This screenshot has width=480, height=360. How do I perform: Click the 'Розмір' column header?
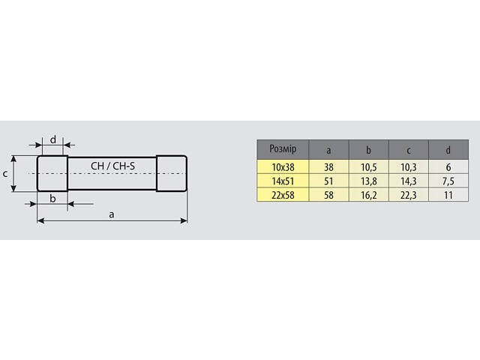pyautogui.click(x=283, y=149)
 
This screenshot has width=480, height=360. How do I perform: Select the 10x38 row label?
pyautogui.click(x=283, y=167)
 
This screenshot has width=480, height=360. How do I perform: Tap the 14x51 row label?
pyautogui.click(x=283, y=181)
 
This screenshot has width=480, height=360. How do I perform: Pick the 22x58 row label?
pyautogui.click(x=283, y=195)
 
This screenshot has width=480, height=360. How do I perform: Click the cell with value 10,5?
pyautogui.click(x=368, y=167)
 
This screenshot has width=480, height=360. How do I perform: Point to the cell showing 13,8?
pyautogui.click(x=368, y=181)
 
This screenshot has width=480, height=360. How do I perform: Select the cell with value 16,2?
pyautogui.click(x=368, y=195)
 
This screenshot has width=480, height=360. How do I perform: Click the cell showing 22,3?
pyautogui.click(x=408, y=195)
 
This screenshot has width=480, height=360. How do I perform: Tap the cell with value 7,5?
pyautogui.click(x=448, y=181)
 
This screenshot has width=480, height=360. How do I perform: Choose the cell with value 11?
pyautogui.click(x=448, y=195)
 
